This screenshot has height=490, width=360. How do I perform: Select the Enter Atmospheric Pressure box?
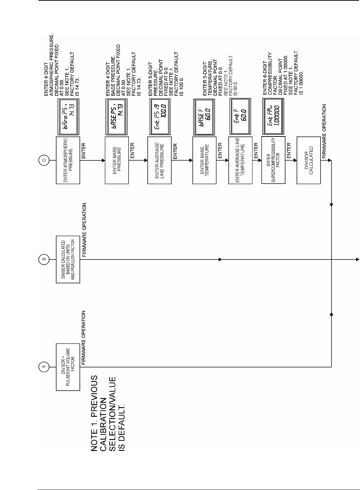tap(68, 160)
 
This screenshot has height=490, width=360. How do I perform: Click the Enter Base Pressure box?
tap(117, 160)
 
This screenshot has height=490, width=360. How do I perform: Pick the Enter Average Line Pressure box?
tap(160, 160)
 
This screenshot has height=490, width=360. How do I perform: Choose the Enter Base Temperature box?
tap(204, 160)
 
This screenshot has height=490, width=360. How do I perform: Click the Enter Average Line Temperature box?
tap(240, 160)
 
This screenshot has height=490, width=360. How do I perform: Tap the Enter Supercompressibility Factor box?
tap(273, 160)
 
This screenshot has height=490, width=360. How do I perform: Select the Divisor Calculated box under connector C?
tap(308, 160)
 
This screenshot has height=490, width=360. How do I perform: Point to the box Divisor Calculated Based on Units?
tap(68, 259)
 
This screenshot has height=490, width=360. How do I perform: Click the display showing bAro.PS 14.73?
tap(68, 116)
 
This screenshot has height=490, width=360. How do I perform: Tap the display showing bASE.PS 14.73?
tap(117, 116)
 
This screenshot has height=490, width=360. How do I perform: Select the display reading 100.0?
tap(160, 116)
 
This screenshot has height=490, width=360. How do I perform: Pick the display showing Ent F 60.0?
tap(240, 116)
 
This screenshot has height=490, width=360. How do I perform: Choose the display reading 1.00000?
tap(273, 116)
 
